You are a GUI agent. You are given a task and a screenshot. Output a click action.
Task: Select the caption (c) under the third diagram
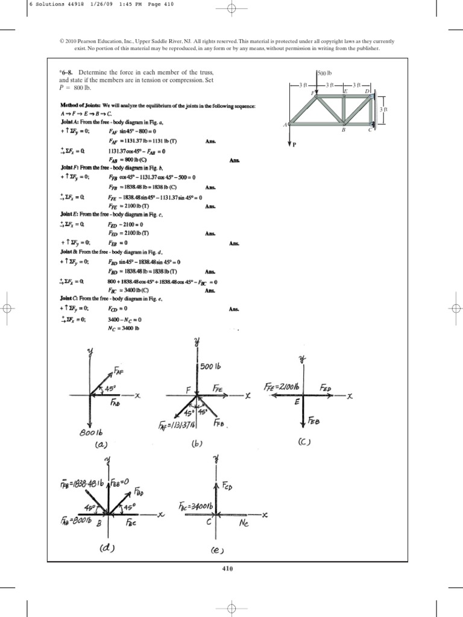pos(304,442)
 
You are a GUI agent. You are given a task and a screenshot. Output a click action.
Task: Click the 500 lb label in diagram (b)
pos(211,366)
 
